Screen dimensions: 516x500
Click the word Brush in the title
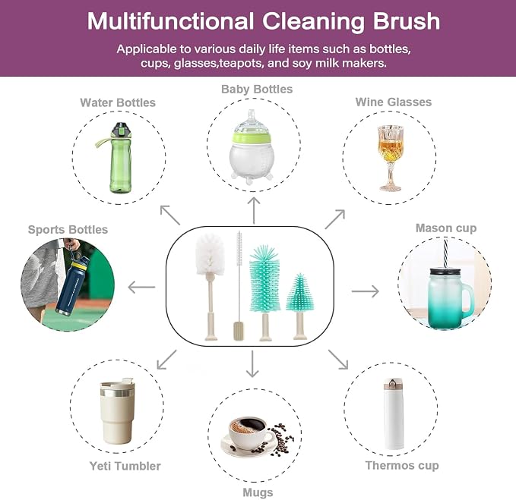coord(406,21)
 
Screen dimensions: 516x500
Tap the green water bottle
coord(119,158)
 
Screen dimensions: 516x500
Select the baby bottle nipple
coord(252,121)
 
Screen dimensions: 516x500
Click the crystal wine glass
coord(390,158)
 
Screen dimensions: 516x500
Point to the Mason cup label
coord(446,228)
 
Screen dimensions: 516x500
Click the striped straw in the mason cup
coord(445,253)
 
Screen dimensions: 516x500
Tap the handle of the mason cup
coord(468,300)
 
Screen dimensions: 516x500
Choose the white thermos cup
coord(393,414)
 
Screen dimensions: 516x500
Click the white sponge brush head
coord(211,254)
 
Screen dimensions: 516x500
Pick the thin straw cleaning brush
coord(239,286)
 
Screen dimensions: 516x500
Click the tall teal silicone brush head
coord(264,278)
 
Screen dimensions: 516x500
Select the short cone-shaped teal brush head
coord(299,292)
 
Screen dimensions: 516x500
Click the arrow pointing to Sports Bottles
coord(141,287)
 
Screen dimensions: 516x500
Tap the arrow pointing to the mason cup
coord(366,291)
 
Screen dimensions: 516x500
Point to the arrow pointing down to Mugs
coord(252,363)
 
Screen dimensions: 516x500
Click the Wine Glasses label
coord(393,102)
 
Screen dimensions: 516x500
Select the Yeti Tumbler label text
coord(125,466)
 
